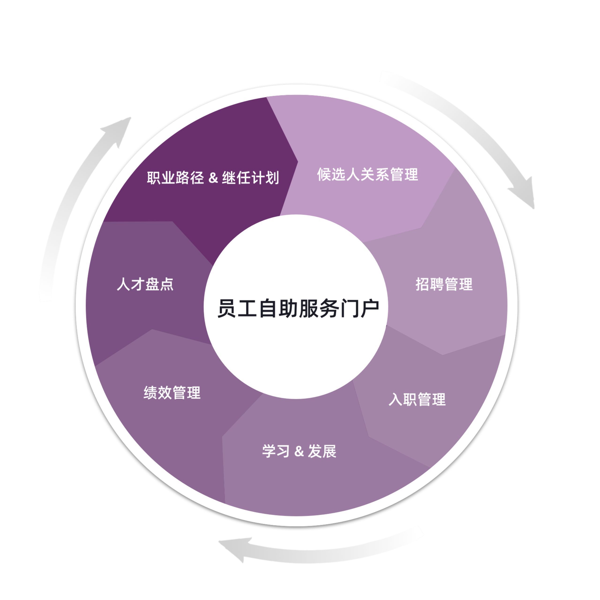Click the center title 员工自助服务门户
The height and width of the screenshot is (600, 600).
tap(298, 308)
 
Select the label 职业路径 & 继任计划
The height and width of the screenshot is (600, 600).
tap(213, 178)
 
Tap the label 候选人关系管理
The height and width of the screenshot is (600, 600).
tap(367, 175)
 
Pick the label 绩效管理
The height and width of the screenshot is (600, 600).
tap(172, 393)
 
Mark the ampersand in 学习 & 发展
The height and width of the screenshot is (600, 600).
tap(299, 452)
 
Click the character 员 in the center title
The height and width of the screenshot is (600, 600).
tap(227, 308)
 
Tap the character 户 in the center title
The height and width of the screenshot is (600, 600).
tap(370, 308)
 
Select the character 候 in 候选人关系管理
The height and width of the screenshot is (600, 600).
tap(324, 175)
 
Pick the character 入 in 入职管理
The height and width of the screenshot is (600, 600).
tap(396, 399)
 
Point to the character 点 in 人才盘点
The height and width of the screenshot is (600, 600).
tap(166, 284)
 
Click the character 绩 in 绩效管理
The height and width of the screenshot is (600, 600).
tap(150, 393)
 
